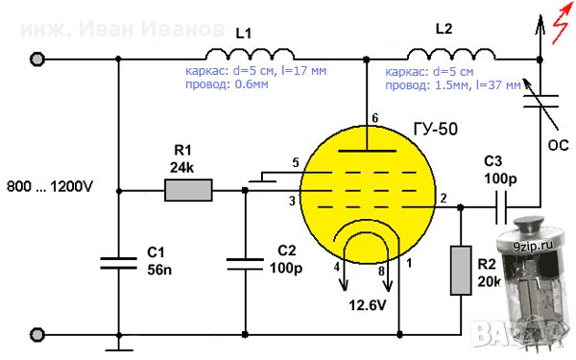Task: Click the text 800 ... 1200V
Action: point(48,184)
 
